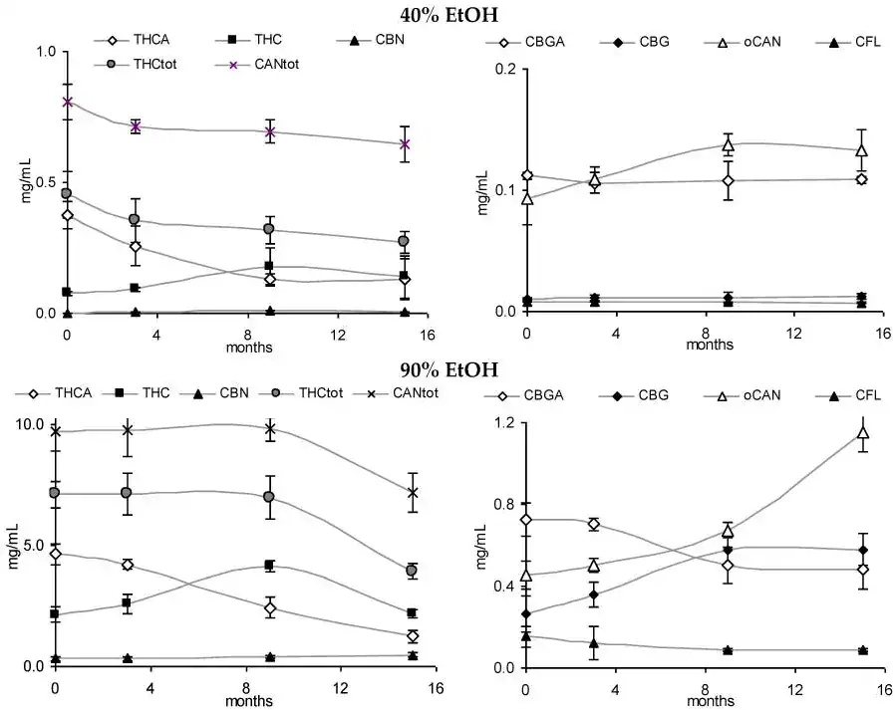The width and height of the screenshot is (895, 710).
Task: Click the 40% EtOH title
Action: tap(447, 14)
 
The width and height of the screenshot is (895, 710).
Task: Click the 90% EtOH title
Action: tap(447, 370)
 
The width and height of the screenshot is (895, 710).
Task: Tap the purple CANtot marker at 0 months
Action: tap(67, 101)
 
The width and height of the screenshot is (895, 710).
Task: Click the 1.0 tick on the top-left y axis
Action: tap(46, 51)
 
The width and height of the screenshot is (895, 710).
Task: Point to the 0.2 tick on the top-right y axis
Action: tap(506, 69)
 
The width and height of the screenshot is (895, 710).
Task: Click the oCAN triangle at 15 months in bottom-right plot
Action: tap(863, 433)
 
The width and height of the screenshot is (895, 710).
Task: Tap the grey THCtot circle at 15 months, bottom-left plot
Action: tap(412, 571)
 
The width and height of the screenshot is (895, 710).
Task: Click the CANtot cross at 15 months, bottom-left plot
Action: tap(412, 492)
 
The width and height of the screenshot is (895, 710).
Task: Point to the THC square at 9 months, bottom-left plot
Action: tap(269, 566)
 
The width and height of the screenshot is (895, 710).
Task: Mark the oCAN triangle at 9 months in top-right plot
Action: tap(728, 145)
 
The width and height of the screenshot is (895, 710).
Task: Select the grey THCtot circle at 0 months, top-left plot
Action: tap(67, 193)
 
